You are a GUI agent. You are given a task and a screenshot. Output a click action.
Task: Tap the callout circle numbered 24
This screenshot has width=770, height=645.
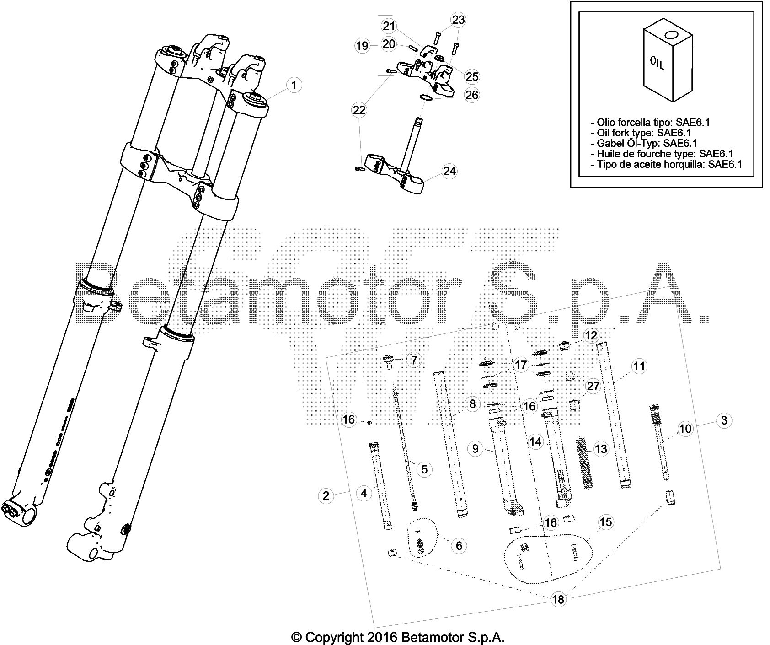point(449,171)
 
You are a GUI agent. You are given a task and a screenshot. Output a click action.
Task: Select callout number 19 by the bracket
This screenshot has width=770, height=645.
point(362,46)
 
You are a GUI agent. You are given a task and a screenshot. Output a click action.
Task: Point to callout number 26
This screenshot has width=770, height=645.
point(471,95)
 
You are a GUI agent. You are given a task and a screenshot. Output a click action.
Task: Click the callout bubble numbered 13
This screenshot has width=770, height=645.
point(601,449)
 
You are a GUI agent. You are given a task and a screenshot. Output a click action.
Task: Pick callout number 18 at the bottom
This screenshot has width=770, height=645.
point(558,599)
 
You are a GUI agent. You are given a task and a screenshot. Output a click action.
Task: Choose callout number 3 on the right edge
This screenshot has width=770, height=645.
point(724,420)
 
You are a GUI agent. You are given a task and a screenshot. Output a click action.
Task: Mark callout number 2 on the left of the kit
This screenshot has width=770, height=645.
point(326,495)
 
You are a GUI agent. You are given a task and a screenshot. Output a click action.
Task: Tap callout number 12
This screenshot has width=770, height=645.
point(591,336)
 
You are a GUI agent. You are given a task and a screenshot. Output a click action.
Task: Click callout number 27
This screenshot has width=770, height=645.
point(593,387)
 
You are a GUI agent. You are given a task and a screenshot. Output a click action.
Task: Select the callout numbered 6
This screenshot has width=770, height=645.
point(459,545)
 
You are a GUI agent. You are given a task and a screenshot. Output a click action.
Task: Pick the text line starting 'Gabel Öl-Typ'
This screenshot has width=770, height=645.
point(643,143)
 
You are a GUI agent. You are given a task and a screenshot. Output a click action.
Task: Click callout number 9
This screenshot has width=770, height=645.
point(475,449)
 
